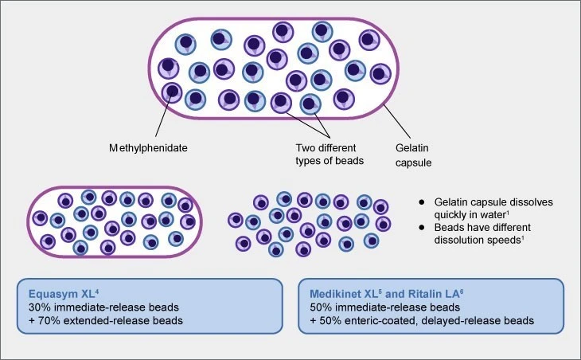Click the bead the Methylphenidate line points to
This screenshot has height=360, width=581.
[172, 92]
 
